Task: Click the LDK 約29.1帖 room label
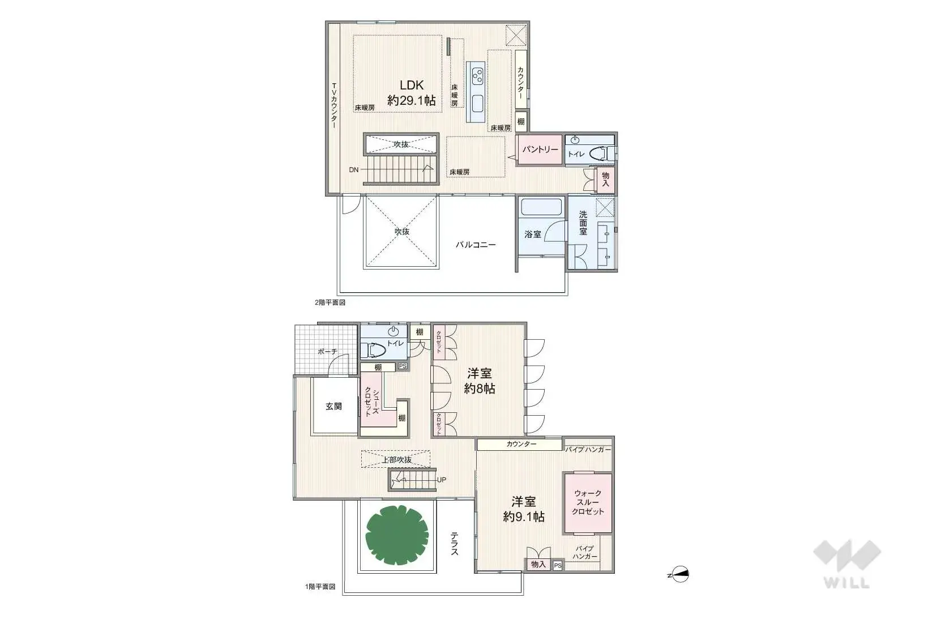412,93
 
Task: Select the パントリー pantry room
540,150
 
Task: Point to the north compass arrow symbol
680,575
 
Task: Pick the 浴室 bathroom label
532,234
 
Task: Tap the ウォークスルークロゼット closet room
588,502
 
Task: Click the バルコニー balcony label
476,245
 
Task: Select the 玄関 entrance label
333,406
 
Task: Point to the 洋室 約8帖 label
480,381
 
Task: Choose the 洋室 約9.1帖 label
524,509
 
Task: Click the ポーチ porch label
327,352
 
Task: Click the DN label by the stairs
353,169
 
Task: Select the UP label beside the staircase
442,480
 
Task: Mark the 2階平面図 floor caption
330,302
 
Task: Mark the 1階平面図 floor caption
320,587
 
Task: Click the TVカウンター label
334,106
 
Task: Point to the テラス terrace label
454,543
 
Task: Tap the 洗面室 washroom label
583,223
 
